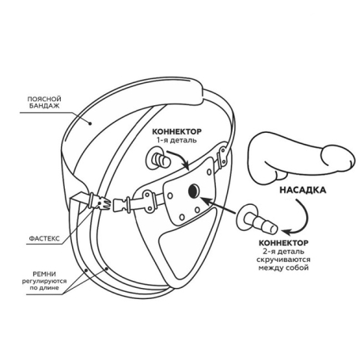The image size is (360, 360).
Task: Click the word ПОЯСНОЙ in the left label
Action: pyautogui.click(x=44, y=99)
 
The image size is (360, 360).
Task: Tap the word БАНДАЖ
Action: pyautogui.click(x=44, y=106)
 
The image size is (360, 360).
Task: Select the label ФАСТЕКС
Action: pyautogui.click(x=44, y=239)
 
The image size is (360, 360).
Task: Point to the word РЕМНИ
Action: pyautogui.click(x=44, y=275)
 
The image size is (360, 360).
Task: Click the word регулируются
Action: pyautogui.click(x=44, y=281)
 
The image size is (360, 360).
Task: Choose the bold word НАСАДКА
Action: pyautogui.click(x=302, y=190)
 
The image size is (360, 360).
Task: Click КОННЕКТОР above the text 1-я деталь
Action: pyautogui.click(x=176, y=131)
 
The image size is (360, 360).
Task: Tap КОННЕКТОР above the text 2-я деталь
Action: pyautogui.click(x=283, y=243)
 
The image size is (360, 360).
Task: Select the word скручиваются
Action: pyautogui.click(x=283, y=260)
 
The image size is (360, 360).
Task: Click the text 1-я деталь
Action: pyautogui.click(x=176, y=140)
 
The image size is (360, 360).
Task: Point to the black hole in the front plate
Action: pyautogui.click(x=194, y=191)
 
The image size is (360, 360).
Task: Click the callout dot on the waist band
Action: pyautogui.click(x=90, y=123)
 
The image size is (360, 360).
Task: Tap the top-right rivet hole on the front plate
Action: pyautogui.click(x=209, y=172)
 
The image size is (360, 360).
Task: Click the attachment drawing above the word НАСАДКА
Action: pyautogui.click(x=302, y=157)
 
